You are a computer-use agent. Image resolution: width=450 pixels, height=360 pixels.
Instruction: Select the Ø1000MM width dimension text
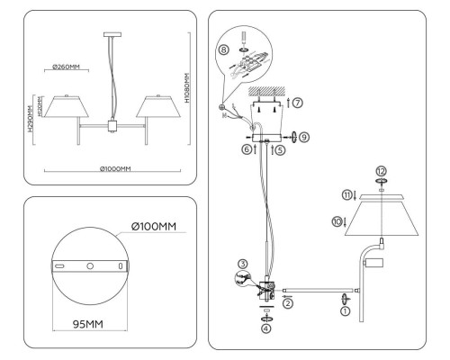(115, 169)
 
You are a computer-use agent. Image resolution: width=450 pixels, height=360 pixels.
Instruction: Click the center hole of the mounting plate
(90, 267)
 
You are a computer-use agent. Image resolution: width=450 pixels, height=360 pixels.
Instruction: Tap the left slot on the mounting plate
(58, 267)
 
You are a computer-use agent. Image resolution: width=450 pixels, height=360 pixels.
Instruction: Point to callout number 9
(303, 138)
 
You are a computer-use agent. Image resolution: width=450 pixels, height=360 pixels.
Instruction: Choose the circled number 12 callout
(381, 171)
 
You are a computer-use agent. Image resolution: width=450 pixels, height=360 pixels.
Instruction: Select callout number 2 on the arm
(287, 304)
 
